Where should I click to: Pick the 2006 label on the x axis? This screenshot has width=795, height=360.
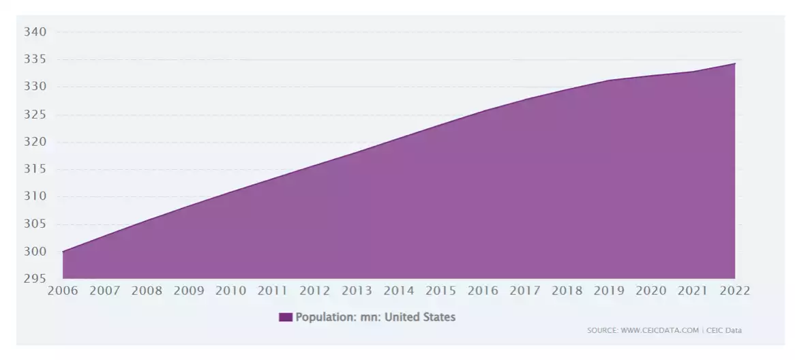[63, 291]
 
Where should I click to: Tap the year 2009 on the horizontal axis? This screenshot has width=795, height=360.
[189, 291]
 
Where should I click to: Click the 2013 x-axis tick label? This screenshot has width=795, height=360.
[357, 291]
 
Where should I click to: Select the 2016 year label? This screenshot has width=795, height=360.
[483, 291]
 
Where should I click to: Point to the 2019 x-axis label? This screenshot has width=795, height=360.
[609, 291]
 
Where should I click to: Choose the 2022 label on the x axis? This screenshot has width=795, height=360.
[734, 291]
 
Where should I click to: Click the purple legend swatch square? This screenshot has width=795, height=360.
[285, 317]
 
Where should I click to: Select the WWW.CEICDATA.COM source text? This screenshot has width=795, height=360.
[660, 331]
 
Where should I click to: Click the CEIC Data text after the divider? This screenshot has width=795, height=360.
[723, 331]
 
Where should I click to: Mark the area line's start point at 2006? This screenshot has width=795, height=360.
[63, 252]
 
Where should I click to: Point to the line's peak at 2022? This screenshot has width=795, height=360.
[734, 63]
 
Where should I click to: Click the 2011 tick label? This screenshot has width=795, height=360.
[273, 291]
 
